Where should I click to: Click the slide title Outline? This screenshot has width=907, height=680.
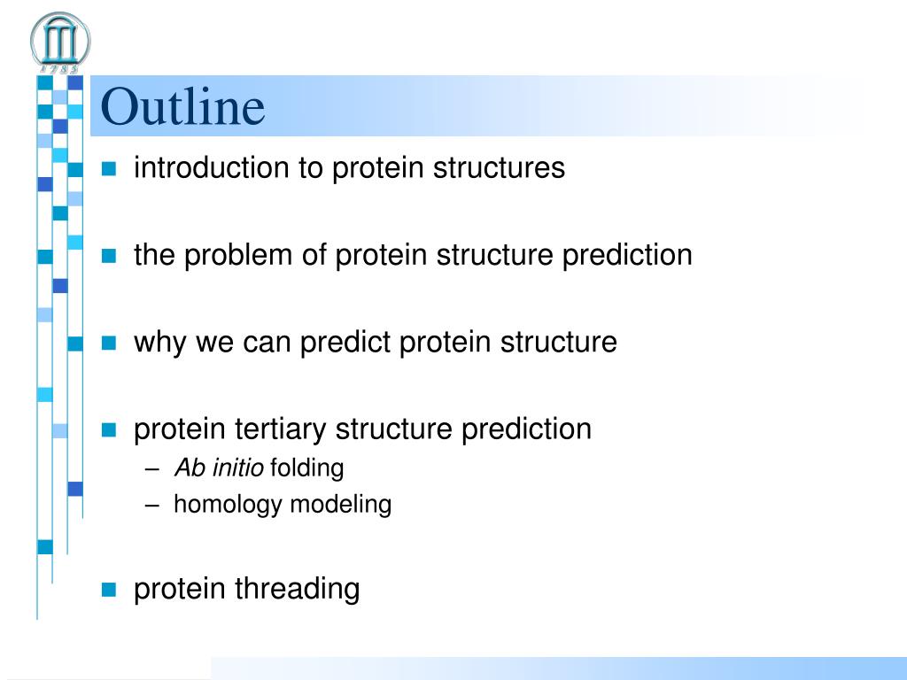182,106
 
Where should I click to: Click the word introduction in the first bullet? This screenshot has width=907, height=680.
211,167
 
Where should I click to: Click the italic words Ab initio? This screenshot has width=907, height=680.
219,467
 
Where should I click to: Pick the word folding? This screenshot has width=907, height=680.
306,467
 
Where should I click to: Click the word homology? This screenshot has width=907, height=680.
228,504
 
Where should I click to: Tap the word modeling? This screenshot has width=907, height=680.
340,504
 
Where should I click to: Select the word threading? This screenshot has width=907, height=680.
297,589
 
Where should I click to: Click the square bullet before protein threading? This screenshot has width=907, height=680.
109,589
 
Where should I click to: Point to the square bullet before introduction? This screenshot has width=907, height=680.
109,168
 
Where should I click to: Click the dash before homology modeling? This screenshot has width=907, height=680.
152,506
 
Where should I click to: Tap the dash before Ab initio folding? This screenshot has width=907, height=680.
152,469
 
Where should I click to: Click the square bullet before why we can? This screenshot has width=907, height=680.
109,343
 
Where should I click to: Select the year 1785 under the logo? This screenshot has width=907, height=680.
59,69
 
